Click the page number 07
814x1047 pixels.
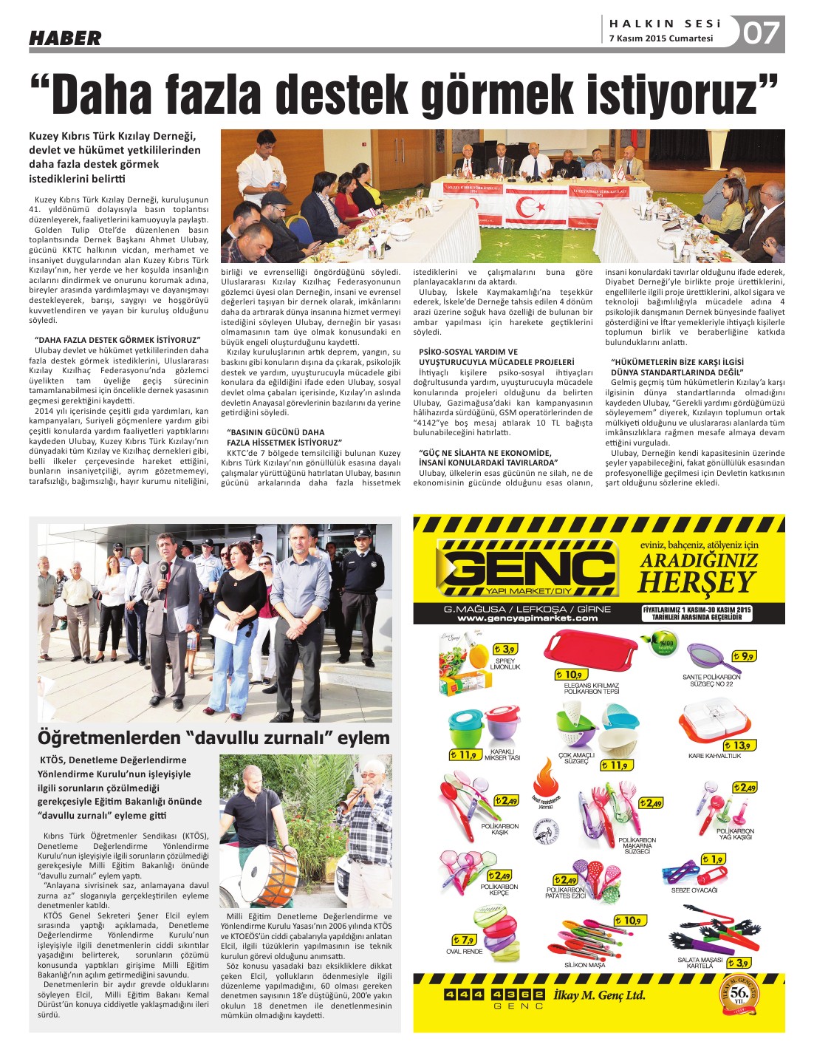pos(761,33)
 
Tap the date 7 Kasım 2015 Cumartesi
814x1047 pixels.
pos(661,38)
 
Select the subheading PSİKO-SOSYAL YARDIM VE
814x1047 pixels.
pos(468,352)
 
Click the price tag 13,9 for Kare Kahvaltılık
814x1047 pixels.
pos(739,746)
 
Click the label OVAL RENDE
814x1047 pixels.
pos(464,951)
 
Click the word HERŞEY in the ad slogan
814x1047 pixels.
pos(697,583)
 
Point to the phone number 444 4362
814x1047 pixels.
pos(493,994)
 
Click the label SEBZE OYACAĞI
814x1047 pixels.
pos(694,890)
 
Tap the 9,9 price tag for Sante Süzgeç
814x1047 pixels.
pos(744,656)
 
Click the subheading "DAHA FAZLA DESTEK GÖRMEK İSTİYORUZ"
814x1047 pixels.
pos(117,340)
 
